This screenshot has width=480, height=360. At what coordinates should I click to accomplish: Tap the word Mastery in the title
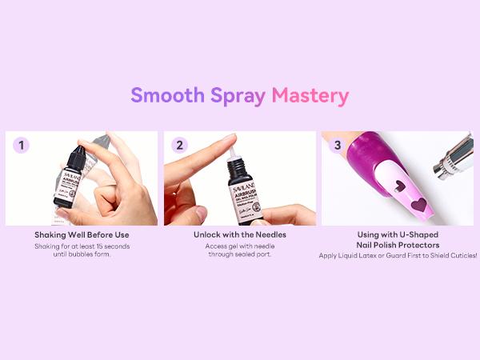click(x=310, y=96)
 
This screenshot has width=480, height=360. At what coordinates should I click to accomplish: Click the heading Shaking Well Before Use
click(x=82, y=235)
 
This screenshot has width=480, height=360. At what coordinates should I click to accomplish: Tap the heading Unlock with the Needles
click(x=239, y=235)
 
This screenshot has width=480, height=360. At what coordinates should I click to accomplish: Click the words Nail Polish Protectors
click(x=398, y=245)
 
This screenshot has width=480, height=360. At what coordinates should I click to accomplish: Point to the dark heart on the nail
click(x=418, y=205)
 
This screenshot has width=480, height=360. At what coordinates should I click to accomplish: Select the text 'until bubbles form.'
click(x=82, y=255)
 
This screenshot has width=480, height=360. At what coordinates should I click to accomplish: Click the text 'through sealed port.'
click(x=239, y=255)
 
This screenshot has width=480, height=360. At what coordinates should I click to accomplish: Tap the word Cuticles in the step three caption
click(x=459, y=255)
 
